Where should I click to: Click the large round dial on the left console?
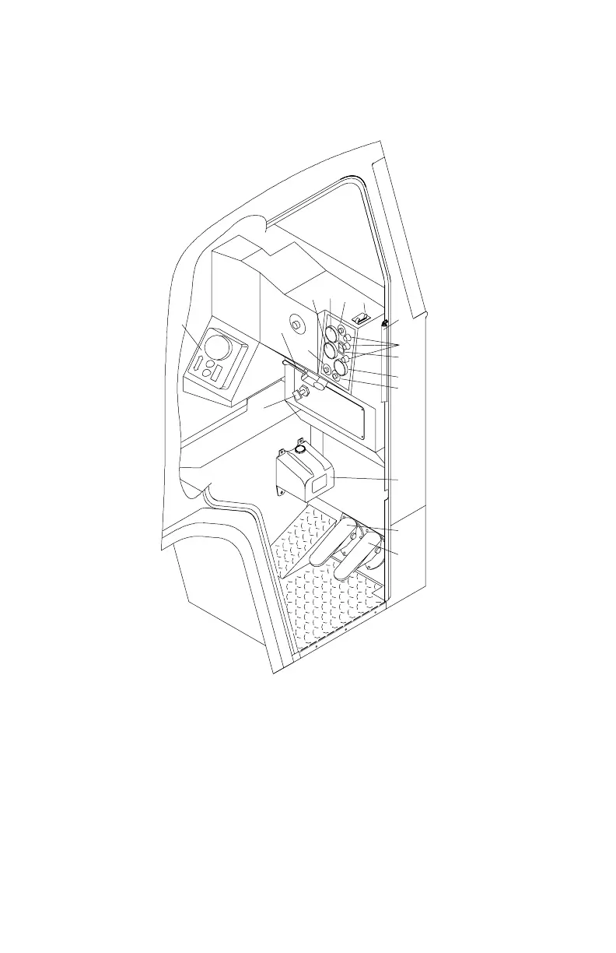[218, 346]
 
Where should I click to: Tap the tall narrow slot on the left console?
[201, 364]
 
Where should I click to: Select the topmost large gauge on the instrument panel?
[331, 335]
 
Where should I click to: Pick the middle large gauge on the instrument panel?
[330, 350]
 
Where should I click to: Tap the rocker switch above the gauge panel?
[359, 318]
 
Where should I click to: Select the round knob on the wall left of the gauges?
[296, 322]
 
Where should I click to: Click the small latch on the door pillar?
[384, 322]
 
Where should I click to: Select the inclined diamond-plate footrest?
[303, 537]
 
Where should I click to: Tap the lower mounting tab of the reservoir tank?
[282, 491]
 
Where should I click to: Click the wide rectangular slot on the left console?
[217, 371]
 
